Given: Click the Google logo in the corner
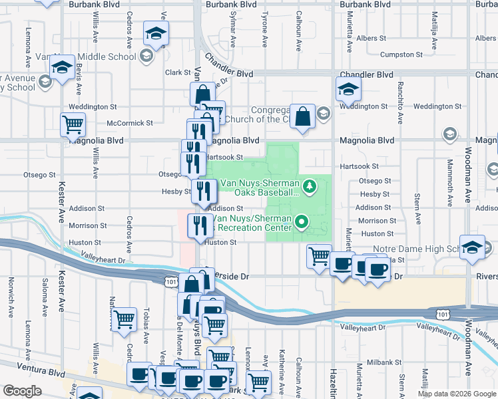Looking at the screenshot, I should coord(22,391).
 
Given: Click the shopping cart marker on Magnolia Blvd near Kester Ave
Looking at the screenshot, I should coord(73,124).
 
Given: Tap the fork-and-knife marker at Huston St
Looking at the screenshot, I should coord(198,225).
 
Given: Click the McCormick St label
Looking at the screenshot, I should coord(130,123).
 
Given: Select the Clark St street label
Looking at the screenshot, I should coord(178,72).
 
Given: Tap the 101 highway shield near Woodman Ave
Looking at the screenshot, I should coord(443,312).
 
